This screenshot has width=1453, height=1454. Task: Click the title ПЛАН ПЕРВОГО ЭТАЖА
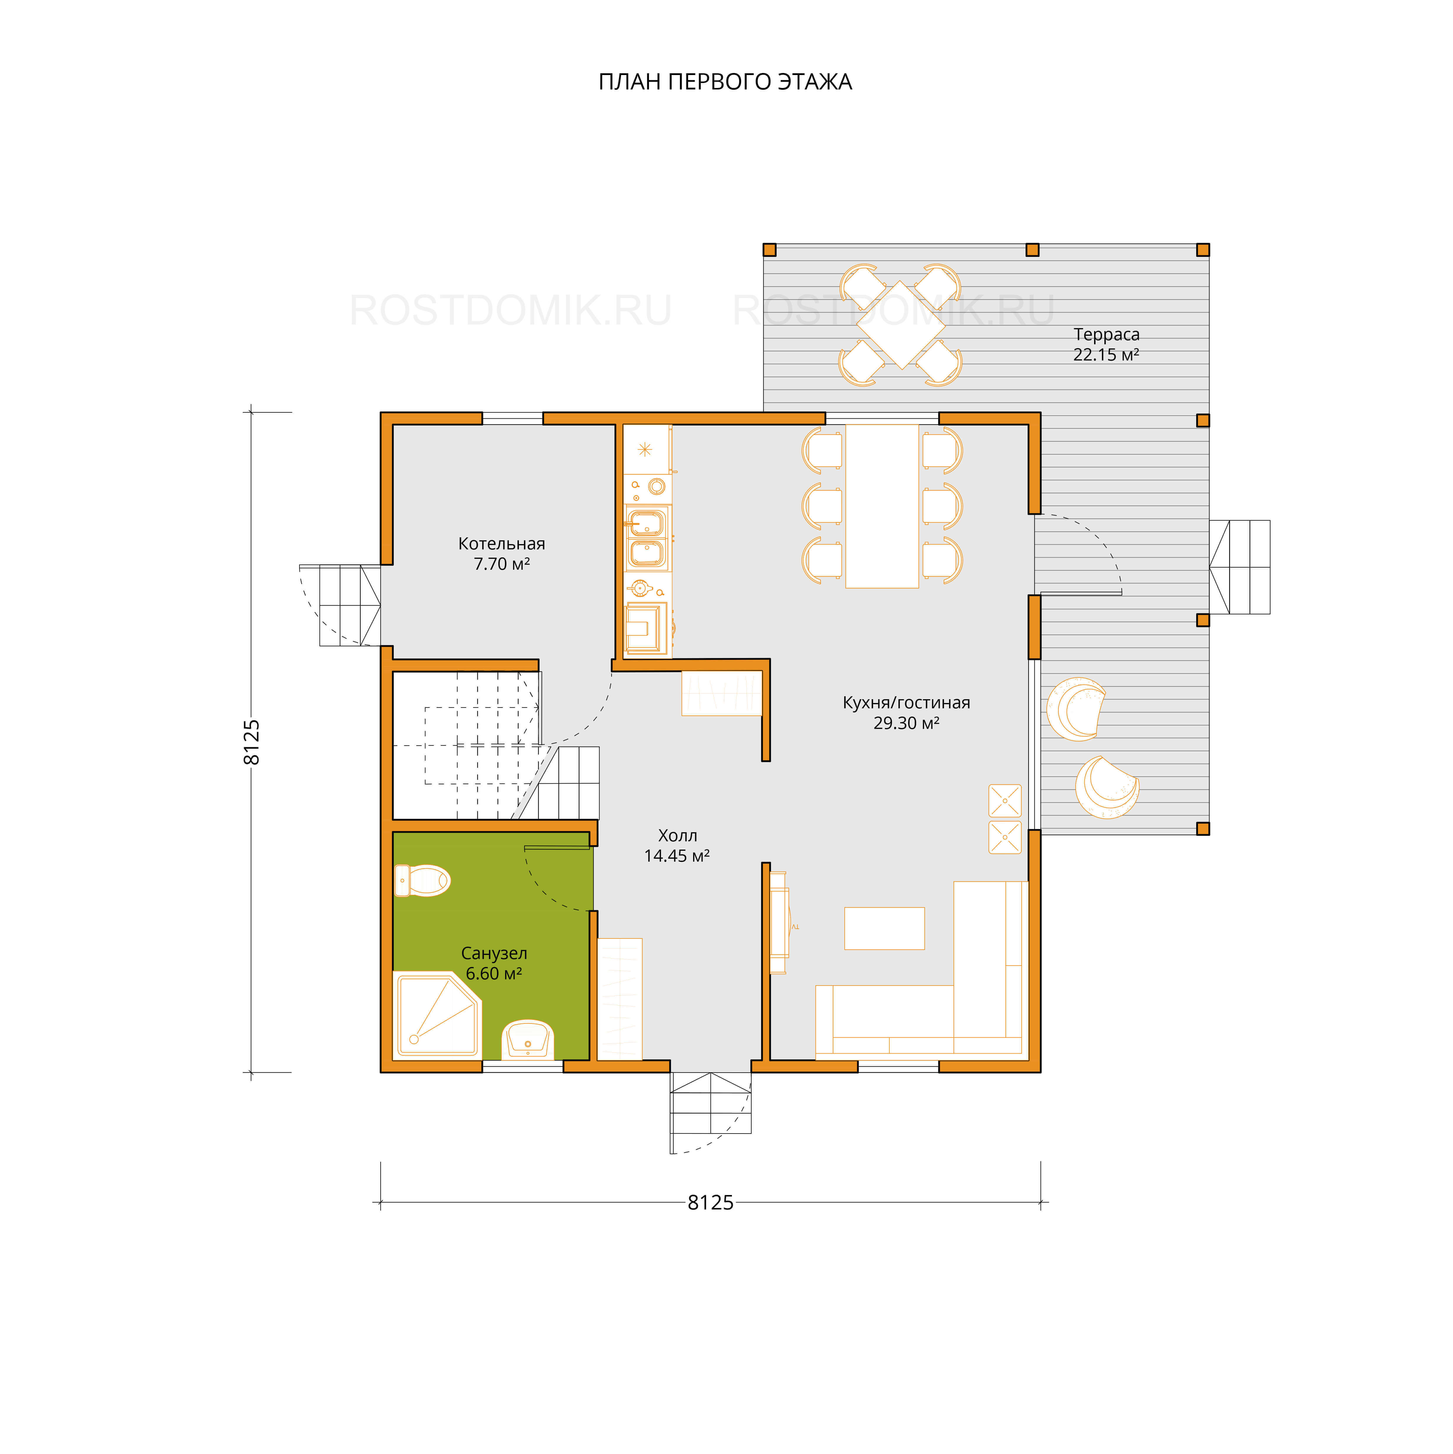[x=725, y=81]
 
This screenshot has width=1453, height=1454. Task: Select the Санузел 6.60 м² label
[x=494, y=963]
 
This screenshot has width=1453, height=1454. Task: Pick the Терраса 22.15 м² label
[x=1106, y=344]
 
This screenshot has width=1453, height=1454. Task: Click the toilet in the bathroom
[x=422, y=880]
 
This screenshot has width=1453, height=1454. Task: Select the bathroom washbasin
[x=527, y=1040]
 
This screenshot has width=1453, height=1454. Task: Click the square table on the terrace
[x=901, y=325]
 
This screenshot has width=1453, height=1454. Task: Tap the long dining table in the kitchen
[x=882, y=506]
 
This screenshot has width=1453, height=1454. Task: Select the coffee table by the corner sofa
[x=884, y=928]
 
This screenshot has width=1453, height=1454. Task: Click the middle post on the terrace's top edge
[x=1032, y=250]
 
